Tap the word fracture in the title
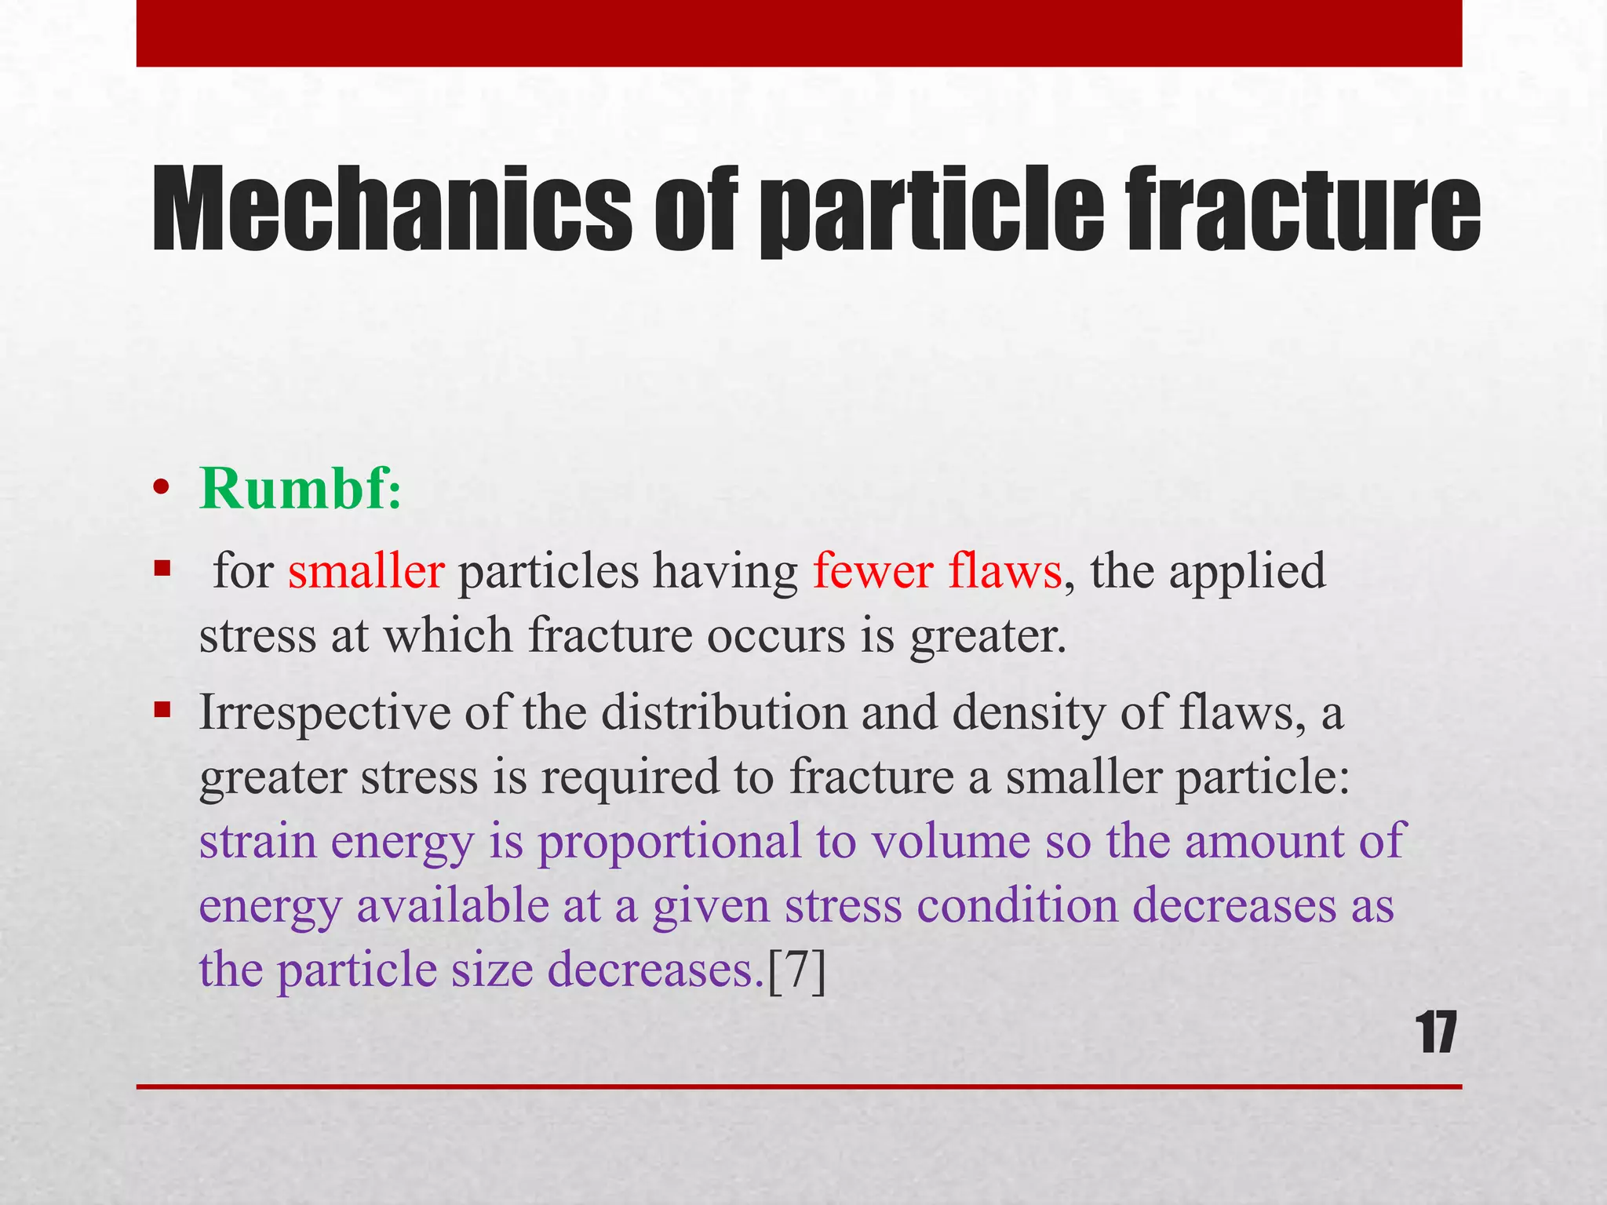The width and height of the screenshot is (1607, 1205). tap(1303, 210)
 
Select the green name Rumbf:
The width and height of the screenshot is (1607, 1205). tap(300, 488)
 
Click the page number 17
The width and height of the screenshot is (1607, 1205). tap(1437, 1034)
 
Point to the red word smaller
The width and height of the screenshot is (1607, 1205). tap(366, 571)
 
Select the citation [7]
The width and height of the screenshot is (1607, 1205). tap(796, 970)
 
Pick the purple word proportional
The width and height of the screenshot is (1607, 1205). tap(669, 842)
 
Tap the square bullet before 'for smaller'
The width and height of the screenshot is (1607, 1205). tap(162, 567)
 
